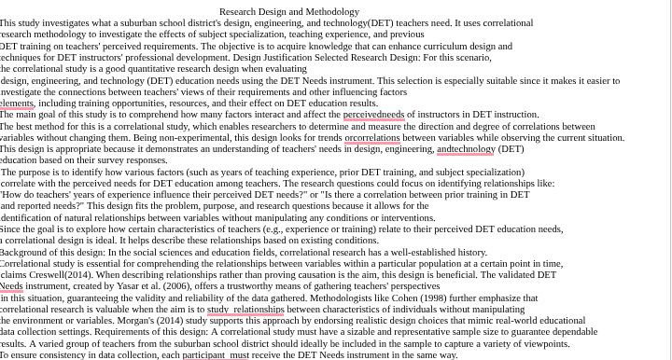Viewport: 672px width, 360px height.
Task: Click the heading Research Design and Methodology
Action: (x=288, y=12)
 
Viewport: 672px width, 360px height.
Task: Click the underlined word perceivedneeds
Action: (x=373, y=115)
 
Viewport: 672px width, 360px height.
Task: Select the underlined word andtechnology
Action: (x=465, y=149)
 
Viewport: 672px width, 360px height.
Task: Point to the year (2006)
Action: (x=203, y=286)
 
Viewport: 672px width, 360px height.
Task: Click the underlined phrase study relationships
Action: (x=245, y=310)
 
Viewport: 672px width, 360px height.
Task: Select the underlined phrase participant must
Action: (x=216, y=355)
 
